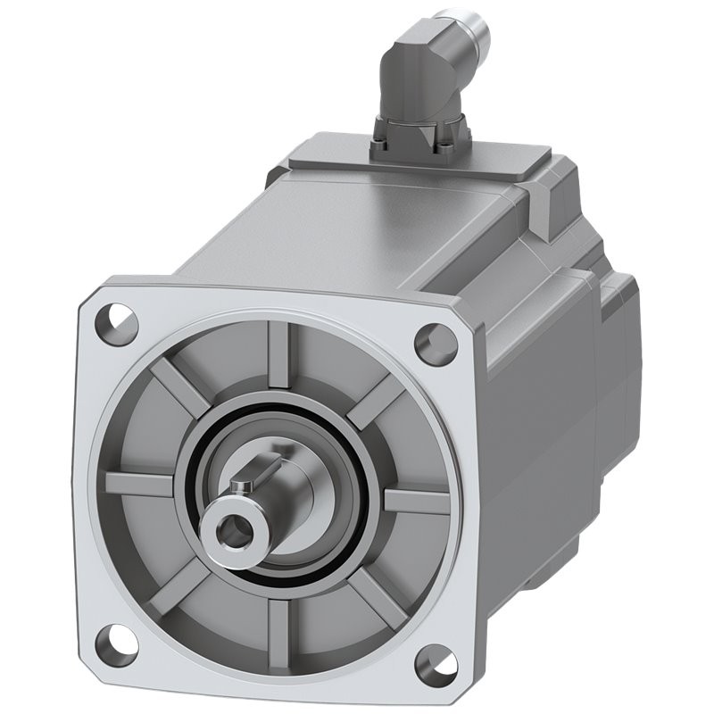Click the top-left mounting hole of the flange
click(115, 317)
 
